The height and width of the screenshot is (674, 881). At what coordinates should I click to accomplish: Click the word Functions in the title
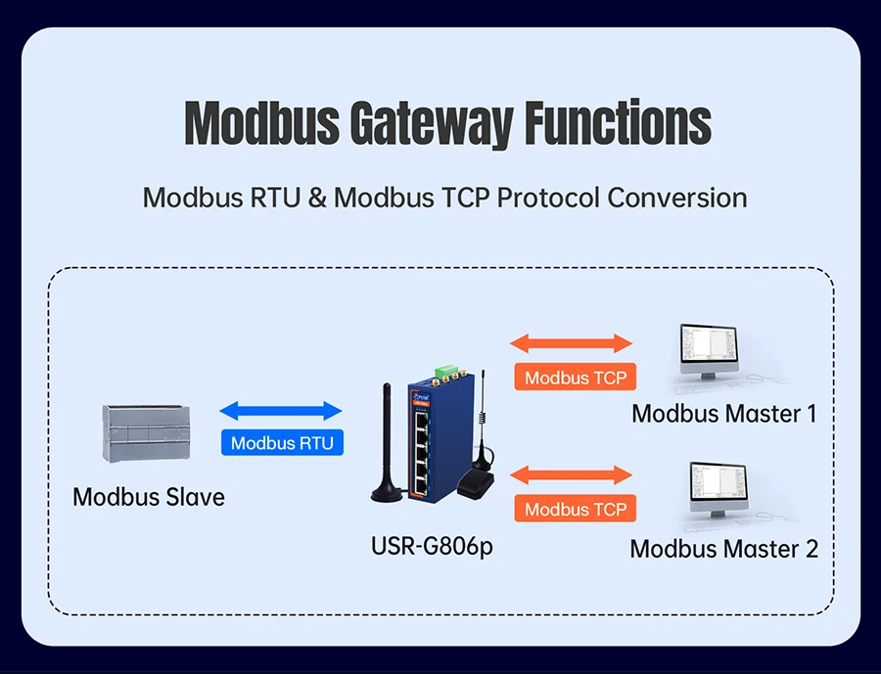(x=618, y=123)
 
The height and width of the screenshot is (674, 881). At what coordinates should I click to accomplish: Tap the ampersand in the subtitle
(x=316, y=198)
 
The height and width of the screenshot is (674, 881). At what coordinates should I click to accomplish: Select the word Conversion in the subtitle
(x=676, y=198)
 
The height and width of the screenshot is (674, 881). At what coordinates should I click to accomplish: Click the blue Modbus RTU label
(x=282, y=443)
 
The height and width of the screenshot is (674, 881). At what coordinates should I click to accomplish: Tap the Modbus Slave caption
(x=149, y=497)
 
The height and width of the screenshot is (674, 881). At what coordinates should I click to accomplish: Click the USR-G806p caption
(x=432, y=545)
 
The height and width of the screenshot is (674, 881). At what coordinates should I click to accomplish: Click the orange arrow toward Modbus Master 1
(x=572, y=343)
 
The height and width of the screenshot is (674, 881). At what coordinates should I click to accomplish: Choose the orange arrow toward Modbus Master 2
(x=572, y=475)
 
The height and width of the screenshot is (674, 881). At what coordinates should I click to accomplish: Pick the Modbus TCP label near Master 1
(x=576, y=378)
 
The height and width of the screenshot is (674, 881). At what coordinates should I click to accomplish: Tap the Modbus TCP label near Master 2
(x=576, y=509)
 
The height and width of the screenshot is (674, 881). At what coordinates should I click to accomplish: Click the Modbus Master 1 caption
(x=723, y=414)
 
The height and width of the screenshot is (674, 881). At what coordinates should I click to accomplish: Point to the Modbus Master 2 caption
(x=723, y=549)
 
